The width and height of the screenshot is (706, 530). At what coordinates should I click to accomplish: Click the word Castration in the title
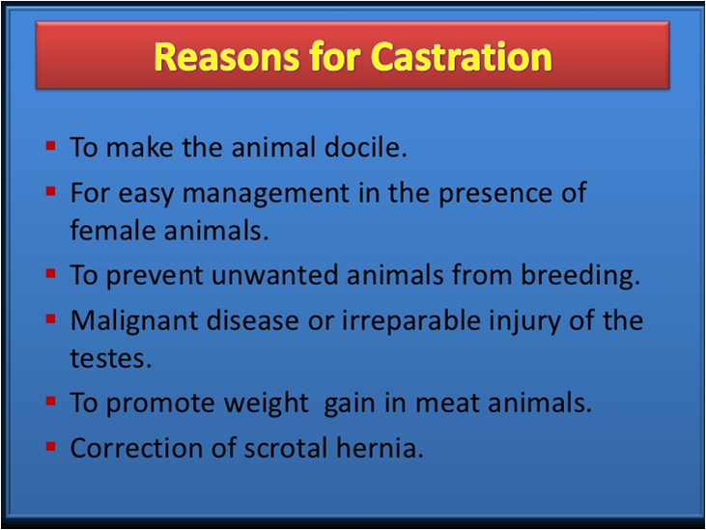pyautogui.click(x=461, y=57)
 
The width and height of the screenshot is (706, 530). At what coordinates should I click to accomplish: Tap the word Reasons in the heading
pyautogui.click(x=226, y=57)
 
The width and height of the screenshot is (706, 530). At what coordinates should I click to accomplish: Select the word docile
pyautogui.click(x=366, y=147)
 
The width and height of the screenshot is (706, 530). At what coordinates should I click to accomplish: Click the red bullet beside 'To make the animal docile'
pyautogui.click(x=50, y=146)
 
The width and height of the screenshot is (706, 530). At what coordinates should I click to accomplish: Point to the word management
pyautogui.click(x=266, y=194)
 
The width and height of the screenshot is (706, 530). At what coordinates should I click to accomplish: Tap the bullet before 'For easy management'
pyautogui.click(x=50, y=191)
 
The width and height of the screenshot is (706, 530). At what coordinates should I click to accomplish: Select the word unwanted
pyautogui.click(x=274, y=275)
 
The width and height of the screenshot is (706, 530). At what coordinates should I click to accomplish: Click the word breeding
pyautogui.click(x=580, y=275)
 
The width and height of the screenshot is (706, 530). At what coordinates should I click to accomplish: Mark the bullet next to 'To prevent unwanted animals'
pyautogui.click(x=50, y=273)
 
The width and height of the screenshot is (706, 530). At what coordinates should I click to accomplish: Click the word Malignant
pyautogui.click(x=134, y=321)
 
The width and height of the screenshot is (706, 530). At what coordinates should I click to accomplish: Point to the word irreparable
pyautogui.click(x=411, y=321)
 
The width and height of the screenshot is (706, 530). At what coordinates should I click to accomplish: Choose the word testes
pyautogui.click(x=111, y=358)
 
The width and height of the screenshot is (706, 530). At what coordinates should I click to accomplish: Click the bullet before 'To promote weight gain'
pyautogui.click(x=50, y=401)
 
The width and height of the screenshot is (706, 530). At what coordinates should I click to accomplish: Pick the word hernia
pyautogui.click(x=380, y=448)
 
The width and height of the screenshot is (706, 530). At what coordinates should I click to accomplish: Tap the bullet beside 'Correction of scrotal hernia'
pyautogui.click(x=50, y=446)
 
